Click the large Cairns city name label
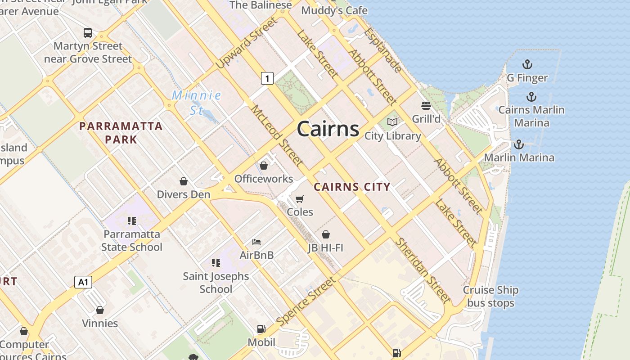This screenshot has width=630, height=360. pos(328,129)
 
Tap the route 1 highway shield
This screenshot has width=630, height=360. pos(267,78)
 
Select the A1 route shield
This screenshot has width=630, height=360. pos(83,282)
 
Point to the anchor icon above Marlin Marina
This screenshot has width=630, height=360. pos(519,144)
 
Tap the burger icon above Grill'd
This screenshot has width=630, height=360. pos(426,106)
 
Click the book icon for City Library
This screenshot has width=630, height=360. pos(392,122)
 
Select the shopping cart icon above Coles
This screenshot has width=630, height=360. pos(300,199)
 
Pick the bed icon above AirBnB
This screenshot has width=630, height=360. pos(256,242)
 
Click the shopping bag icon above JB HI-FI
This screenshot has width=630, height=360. pos(326,234)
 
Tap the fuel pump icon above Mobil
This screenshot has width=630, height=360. pos(261,329)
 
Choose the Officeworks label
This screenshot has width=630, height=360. pos(264,179)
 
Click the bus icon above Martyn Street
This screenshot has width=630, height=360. pos(88,33)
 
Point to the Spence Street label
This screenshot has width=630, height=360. pos(306,301)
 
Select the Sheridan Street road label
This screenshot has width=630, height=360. pos(423,270)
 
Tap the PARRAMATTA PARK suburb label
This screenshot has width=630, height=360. pos(121,132)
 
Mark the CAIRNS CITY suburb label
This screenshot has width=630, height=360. pos(352,187)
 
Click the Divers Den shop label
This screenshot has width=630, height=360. pos(184,194)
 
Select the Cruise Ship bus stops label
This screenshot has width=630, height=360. pos(490,297)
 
